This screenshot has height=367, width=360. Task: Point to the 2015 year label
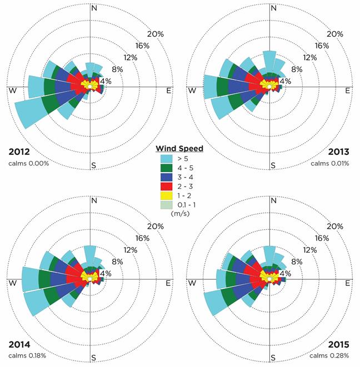339,344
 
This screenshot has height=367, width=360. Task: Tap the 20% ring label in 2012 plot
156,34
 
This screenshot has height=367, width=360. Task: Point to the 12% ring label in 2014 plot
129,250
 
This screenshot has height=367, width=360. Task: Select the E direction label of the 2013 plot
348,91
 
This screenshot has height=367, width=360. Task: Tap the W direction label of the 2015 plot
193,283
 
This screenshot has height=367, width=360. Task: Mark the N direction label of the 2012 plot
93,8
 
